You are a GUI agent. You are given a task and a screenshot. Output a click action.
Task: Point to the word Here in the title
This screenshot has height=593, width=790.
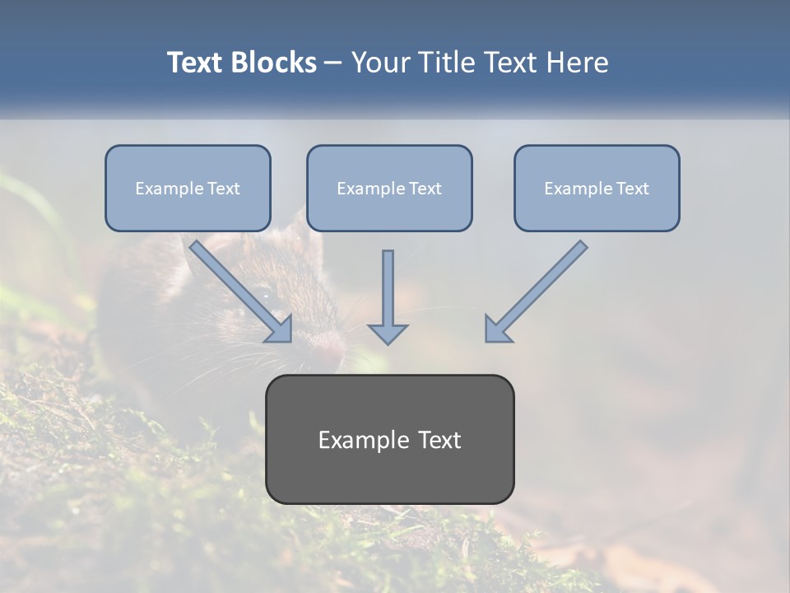(x=579, y=63)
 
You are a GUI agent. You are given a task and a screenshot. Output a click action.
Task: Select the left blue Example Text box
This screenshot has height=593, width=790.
(x=188, y=189)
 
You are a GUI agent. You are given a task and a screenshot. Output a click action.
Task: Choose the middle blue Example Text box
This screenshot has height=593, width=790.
(x=389, y=189)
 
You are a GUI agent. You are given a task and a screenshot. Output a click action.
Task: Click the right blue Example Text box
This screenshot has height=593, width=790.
(x=597, y=189)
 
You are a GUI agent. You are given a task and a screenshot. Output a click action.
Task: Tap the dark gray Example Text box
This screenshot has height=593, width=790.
(x=389, y=440)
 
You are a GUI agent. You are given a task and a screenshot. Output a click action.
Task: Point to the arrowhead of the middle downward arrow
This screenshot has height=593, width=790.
(x=388, y=333)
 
